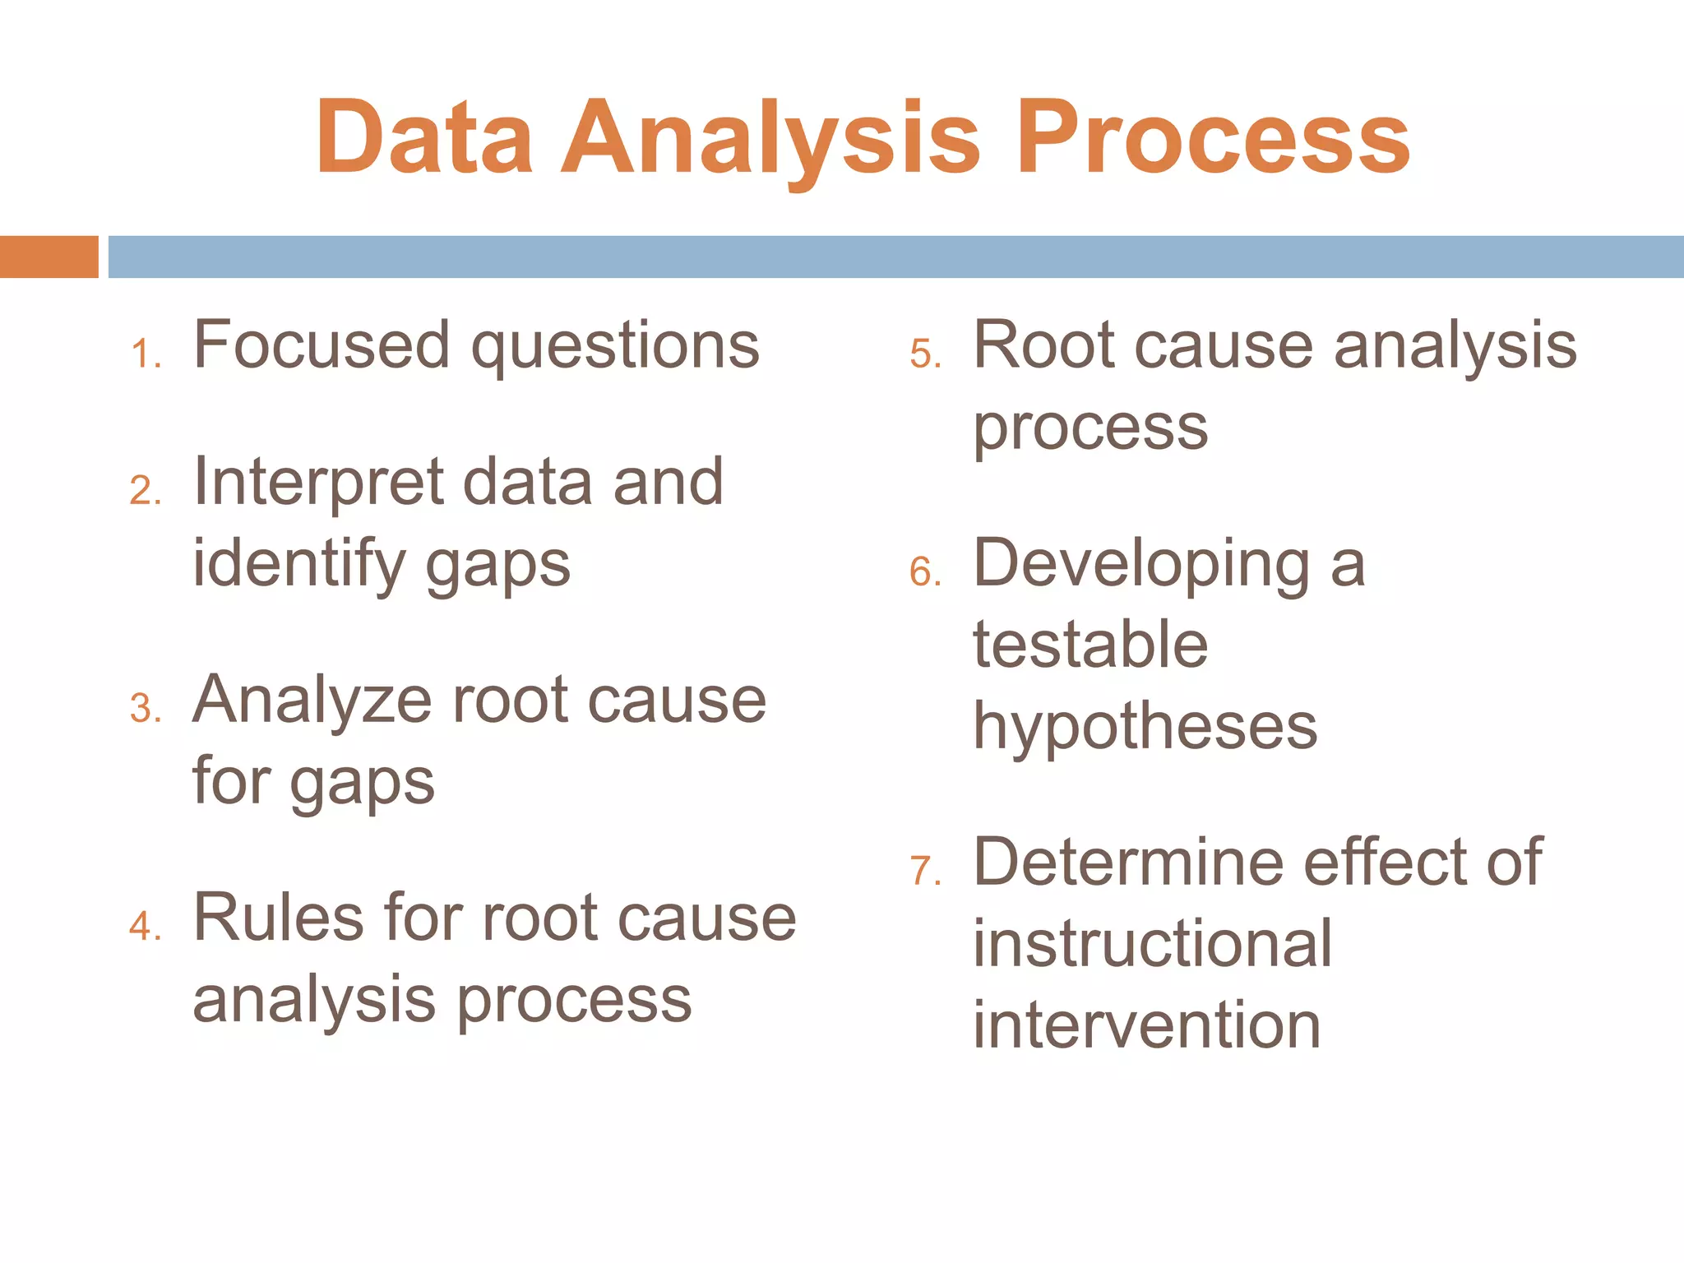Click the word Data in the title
(x=424, y=137)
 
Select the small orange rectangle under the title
(x=49, y=257)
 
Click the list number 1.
(x=143, y=354)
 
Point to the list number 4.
(x=143, y=927)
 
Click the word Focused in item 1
(x=322, y=345)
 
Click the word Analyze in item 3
(x=312, y=700)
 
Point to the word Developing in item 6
(x=1141, y=566)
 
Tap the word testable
(x=1090, y=644)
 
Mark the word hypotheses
(x=1145, y=727)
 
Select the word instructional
(x=1151, y=944)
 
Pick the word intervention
(x=1146, y=1025)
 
